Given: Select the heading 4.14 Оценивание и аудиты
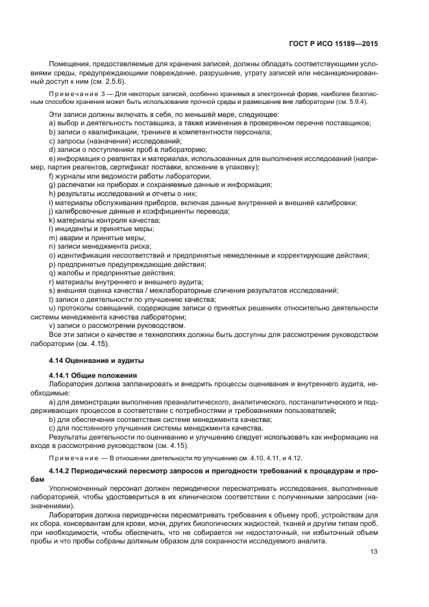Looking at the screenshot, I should click(x=97, y=359).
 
